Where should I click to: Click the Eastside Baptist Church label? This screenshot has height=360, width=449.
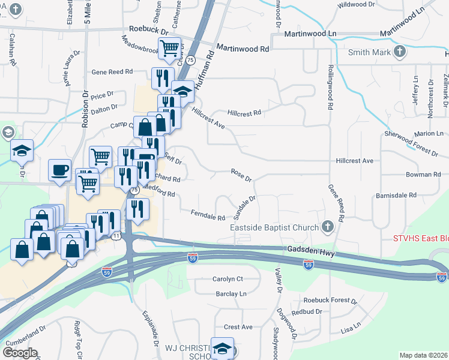(274, 227)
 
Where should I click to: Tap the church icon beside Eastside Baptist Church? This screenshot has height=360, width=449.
(327, 227)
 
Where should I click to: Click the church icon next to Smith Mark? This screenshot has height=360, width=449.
(400, 52)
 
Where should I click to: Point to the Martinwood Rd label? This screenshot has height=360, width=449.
(243, 48)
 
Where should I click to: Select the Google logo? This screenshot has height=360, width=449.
(20, 352)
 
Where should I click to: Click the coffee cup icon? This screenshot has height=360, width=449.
(59, 170)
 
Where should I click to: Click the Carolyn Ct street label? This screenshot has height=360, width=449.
(228, 279)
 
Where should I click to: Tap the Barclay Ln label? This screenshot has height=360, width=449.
(231, 294)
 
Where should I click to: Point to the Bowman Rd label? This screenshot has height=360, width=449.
(423, 175)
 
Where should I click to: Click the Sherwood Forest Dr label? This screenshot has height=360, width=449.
(412, 143)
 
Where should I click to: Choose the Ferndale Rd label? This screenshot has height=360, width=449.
(208, 213)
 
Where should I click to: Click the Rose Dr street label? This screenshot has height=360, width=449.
(241, 175)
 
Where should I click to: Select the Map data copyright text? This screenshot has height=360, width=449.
(424, 355)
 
